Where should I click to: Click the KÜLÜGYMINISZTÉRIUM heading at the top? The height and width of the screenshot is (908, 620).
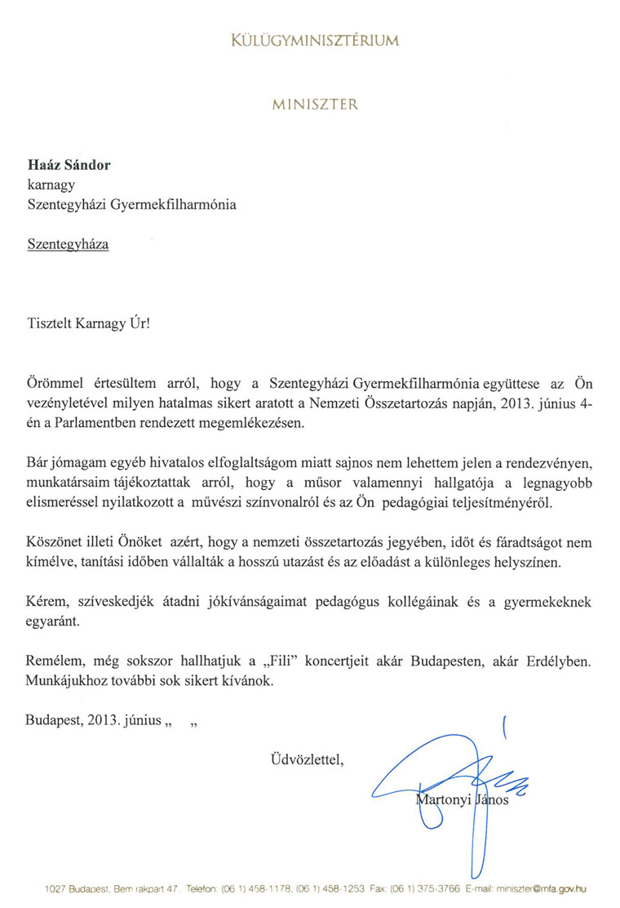(315, 40)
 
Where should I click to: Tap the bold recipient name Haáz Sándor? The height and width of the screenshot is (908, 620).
(69, 166)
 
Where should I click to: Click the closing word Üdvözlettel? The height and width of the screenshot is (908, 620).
(308, 762)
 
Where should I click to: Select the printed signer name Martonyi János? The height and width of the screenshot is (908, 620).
(463, 799)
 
